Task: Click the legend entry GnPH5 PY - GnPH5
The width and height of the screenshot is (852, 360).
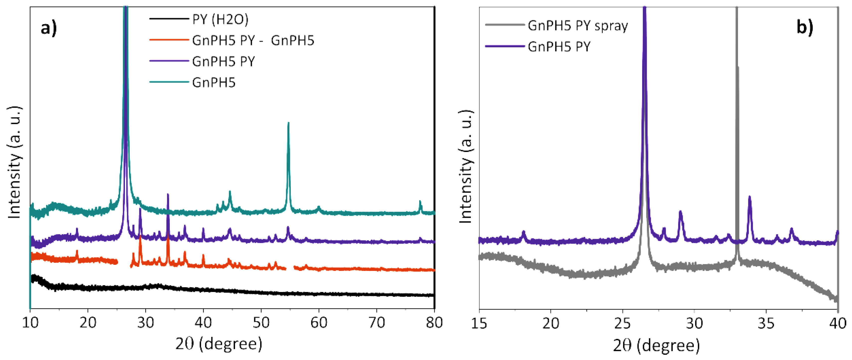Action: tap(253, 40)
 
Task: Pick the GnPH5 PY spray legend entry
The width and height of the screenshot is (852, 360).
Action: tap(578, 25)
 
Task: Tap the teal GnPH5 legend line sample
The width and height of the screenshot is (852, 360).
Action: tap(169, 82)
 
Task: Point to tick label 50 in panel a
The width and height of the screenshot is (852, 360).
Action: tap(261, 323)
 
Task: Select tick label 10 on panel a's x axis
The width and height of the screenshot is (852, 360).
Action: tap(30, 323)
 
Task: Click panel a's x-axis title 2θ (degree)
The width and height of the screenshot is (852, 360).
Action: tap(219, 344)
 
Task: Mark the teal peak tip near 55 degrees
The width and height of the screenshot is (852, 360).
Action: tap(288, 123)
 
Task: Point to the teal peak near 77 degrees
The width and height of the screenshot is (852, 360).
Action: tap(420, 201)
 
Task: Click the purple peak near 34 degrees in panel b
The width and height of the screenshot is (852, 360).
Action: tap(750, 197)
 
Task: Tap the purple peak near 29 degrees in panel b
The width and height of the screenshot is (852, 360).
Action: tap(680, 212)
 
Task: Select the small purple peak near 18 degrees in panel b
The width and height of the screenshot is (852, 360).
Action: tap(523, 232)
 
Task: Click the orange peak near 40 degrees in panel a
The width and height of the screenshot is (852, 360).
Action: tap(203, 255)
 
